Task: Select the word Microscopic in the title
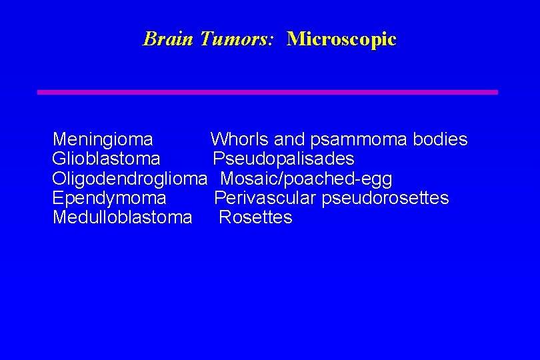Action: point(341,39)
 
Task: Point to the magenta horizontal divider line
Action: point(267,92)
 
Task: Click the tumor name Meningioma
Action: point(103,139)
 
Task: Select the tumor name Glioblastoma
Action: point(106,159)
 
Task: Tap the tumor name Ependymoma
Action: point(109,198)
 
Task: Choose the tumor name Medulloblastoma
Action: point(122,217)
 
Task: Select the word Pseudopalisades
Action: point(283,159)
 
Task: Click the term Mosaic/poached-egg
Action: point(306,179)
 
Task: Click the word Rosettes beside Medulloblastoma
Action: point(255,217)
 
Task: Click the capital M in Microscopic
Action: point(294,39)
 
